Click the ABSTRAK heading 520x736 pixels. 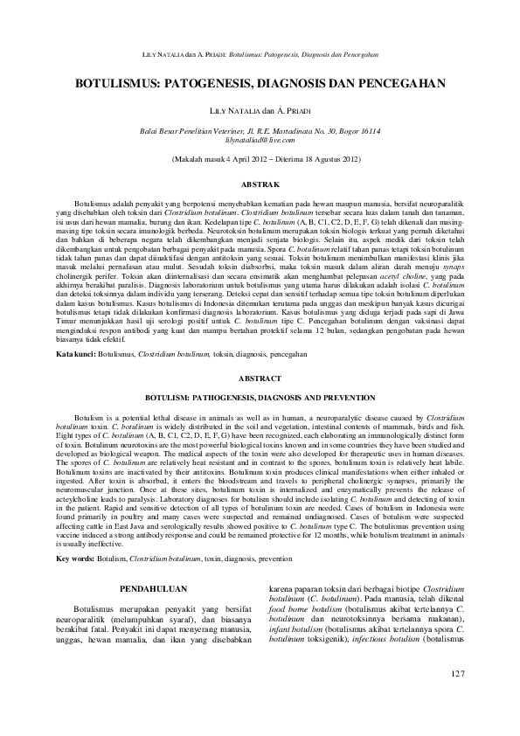tap(260, 185)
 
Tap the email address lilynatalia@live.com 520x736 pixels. tap(260, 139)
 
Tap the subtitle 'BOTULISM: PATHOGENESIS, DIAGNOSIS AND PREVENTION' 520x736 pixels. tap(260, 395)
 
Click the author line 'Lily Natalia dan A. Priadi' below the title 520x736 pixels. tap(260, 112)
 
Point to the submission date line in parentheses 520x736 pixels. tap(260, 161)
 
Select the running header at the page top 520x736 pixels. tap(260, 55)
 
